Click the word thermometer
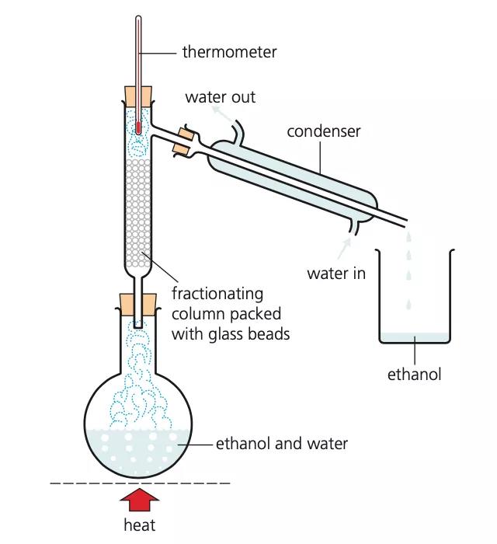(229, 52)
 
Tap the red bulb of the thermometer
(138, 127)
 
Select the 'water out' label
(221, 97)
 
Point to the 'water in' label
(336, 274)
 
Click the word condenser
(324, 131)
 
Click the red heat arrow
(139, 500)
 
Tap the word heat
(139, 525)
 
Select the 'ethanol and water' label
(282, 444)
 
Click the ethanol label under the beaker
(414, 375)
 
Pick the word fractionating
(217, 295)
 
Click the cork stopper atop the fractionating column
(138, 96)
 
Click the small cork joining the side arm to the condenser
(183, 141)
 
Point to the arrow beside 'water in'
(345, 248)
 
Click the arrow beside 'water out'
(222, 113)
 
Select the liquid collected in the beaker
(415, 337)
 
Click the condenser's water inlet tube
(354, 227)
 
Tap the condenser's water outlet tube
(239, 130)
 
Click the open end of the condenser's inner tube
(405, 223)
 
